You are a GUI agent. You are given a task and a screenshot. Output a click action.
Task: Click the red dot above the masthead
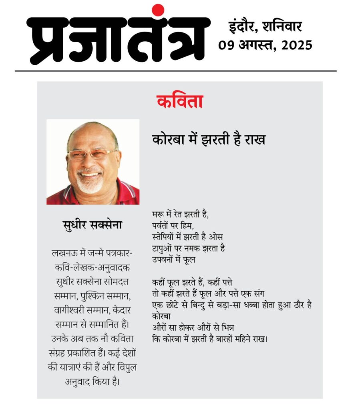point(158,10)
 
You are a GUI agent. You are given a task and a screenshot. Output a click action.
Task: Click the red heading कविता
point(180,102)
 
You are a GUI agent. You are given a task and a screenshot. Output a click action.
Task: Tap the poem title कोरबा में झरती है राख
point(209,140)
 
